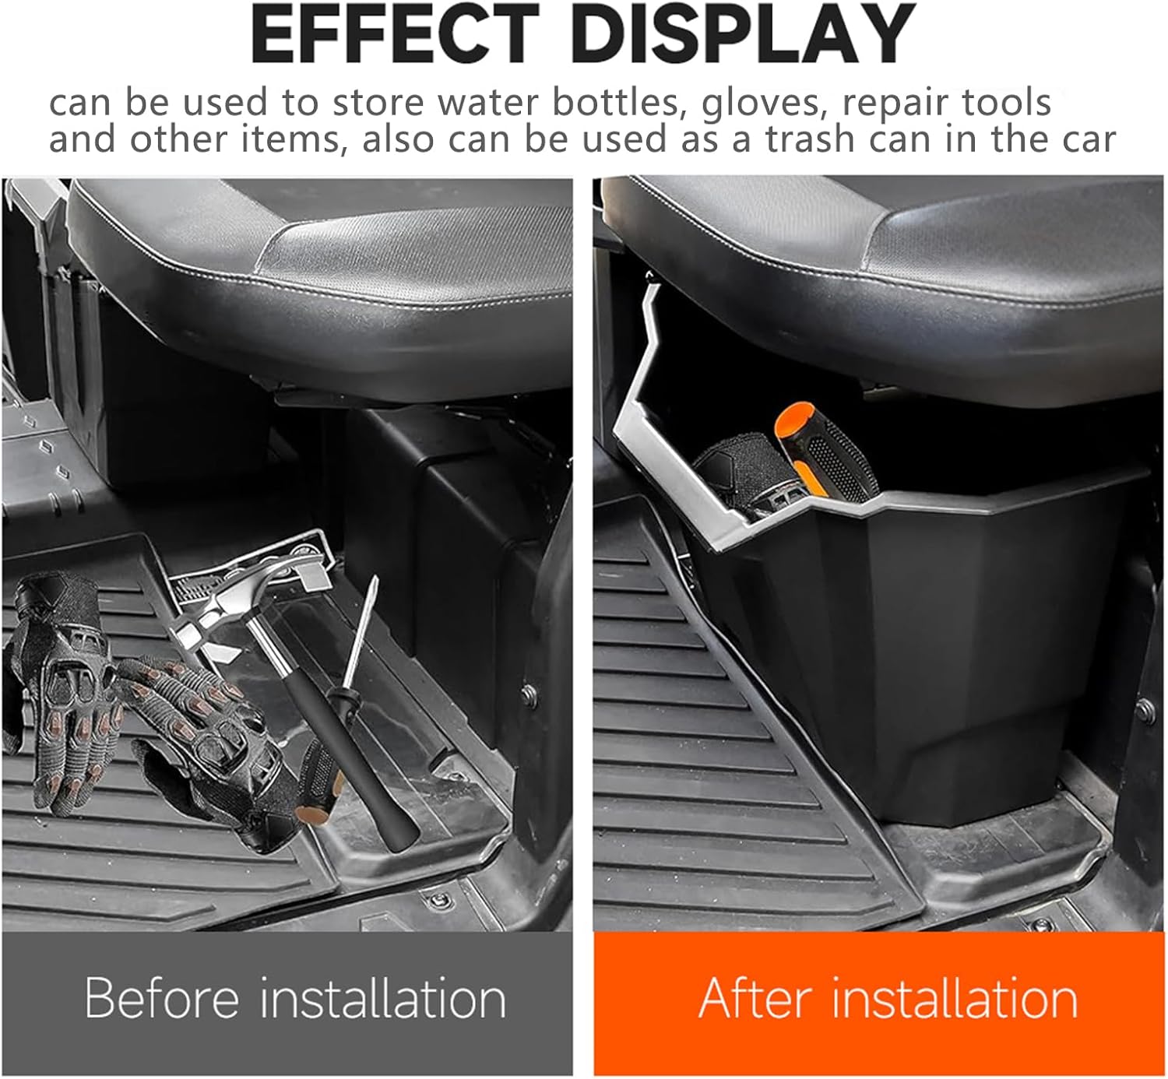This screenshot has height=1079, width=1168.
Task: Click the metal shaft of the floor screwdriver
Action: point(360,631)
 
